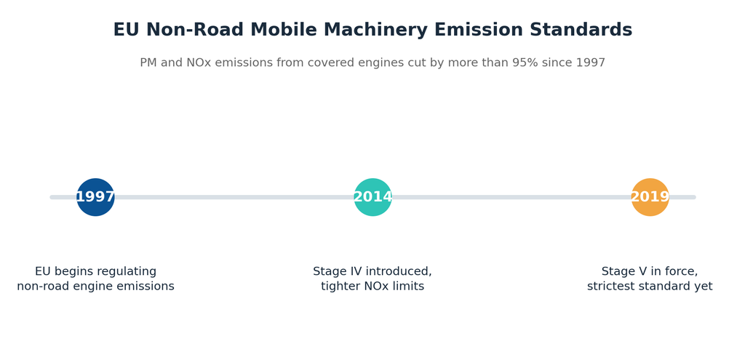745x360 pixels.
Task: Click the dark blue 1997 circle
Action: pyautogui.click(x=95, y=197)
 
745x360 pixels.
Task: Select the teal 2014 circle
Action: pyautogui.click(x=373, y=197)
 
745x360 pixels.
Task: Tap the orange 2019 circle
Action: pyautogui.click(x=650, y=197)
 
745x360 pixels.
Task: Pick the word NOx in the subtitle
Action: pyautogui.click(x=196, y=63)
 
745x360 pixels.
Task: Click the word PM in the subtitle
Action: pyautogui.click(x=148, y=63)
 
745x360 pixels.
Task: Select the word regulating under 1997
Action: pyautogui.click(x=129, y=272)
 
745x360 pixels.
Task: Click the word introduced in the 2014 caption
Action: pyautogui.click(x=399, y=272)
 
